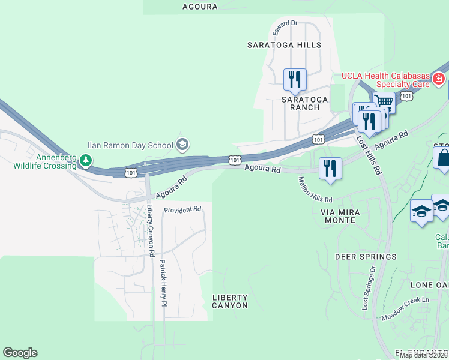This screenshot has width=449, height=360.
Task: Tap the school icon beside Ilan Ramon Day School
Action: pos(182,145)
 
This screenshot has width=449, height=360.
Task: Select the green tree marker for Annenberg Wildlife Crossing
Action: pos(86,160)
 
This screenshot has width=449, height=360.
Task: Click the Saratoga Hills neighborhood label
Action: pos(285,45)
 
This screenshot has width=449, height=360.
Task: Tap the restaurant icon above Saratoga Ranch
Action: pos(295,79)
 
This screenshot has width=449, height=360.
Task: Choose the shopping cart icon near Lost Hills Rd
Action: pos(384,101)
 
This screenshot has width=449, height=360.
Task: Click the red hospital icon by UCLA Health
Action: pos(439,78)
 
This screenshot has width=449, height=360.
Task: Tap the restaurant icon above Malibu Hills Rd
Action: pos(330,168)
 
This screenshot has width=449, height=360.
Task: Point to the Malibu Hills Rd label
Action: pos(315,191)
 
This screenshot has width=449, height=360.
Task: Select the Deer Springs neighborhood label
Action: pos(366,257)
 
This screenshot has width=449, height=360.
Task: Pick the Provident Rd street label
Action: pos(183,209)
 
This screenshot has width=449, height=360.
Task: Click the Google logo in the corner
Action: pos(20,353)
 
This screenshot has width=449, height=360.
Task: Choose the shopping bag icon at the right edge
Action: pos(443,158)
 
